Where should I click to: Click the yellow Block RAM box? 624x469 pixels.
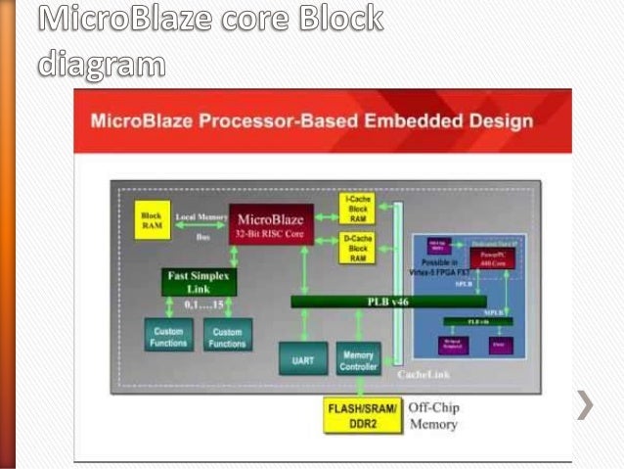152,219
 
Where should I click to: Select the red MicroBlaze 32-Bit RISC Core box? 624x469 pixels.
271,224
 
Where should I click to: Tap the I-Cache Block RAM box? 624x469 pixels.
357,209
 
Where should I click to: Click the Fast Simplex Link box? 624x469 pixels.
200,282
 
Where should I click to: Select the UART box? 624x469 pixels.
302,360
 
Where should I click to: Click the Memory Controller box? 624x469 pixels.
357,360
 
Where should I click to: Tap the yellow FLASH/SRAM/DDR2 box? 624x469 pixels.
362,414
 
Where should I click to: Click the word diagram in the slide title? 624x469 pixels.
101,64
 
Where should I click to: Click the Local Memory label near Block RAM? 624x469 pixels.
200,216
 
